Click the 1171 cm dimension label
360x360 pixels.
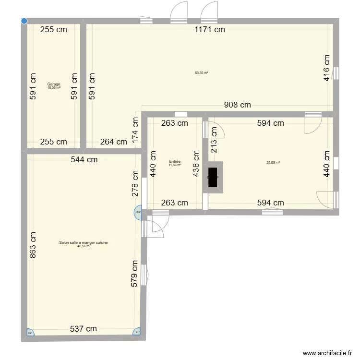[x=209, y=30]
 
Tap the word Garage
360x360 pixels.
[x=54, y=84]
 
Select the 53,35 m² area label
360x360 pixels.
[x=201, y=73]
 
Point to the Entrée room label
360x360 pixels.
[x=175, y=162]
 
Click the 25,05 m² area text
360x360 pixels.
[x=273, y=162]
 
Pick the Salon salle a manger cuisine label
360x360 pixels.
[x=84, y=243]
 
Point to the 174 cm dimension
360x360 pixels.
[x=135, y=129]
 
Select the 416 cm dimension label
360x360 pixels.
[x=326, y=68]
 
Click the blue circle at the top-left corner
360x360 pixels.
[x=24, y=21]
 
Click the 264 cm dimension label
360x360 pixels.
[x=113, y=142]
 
